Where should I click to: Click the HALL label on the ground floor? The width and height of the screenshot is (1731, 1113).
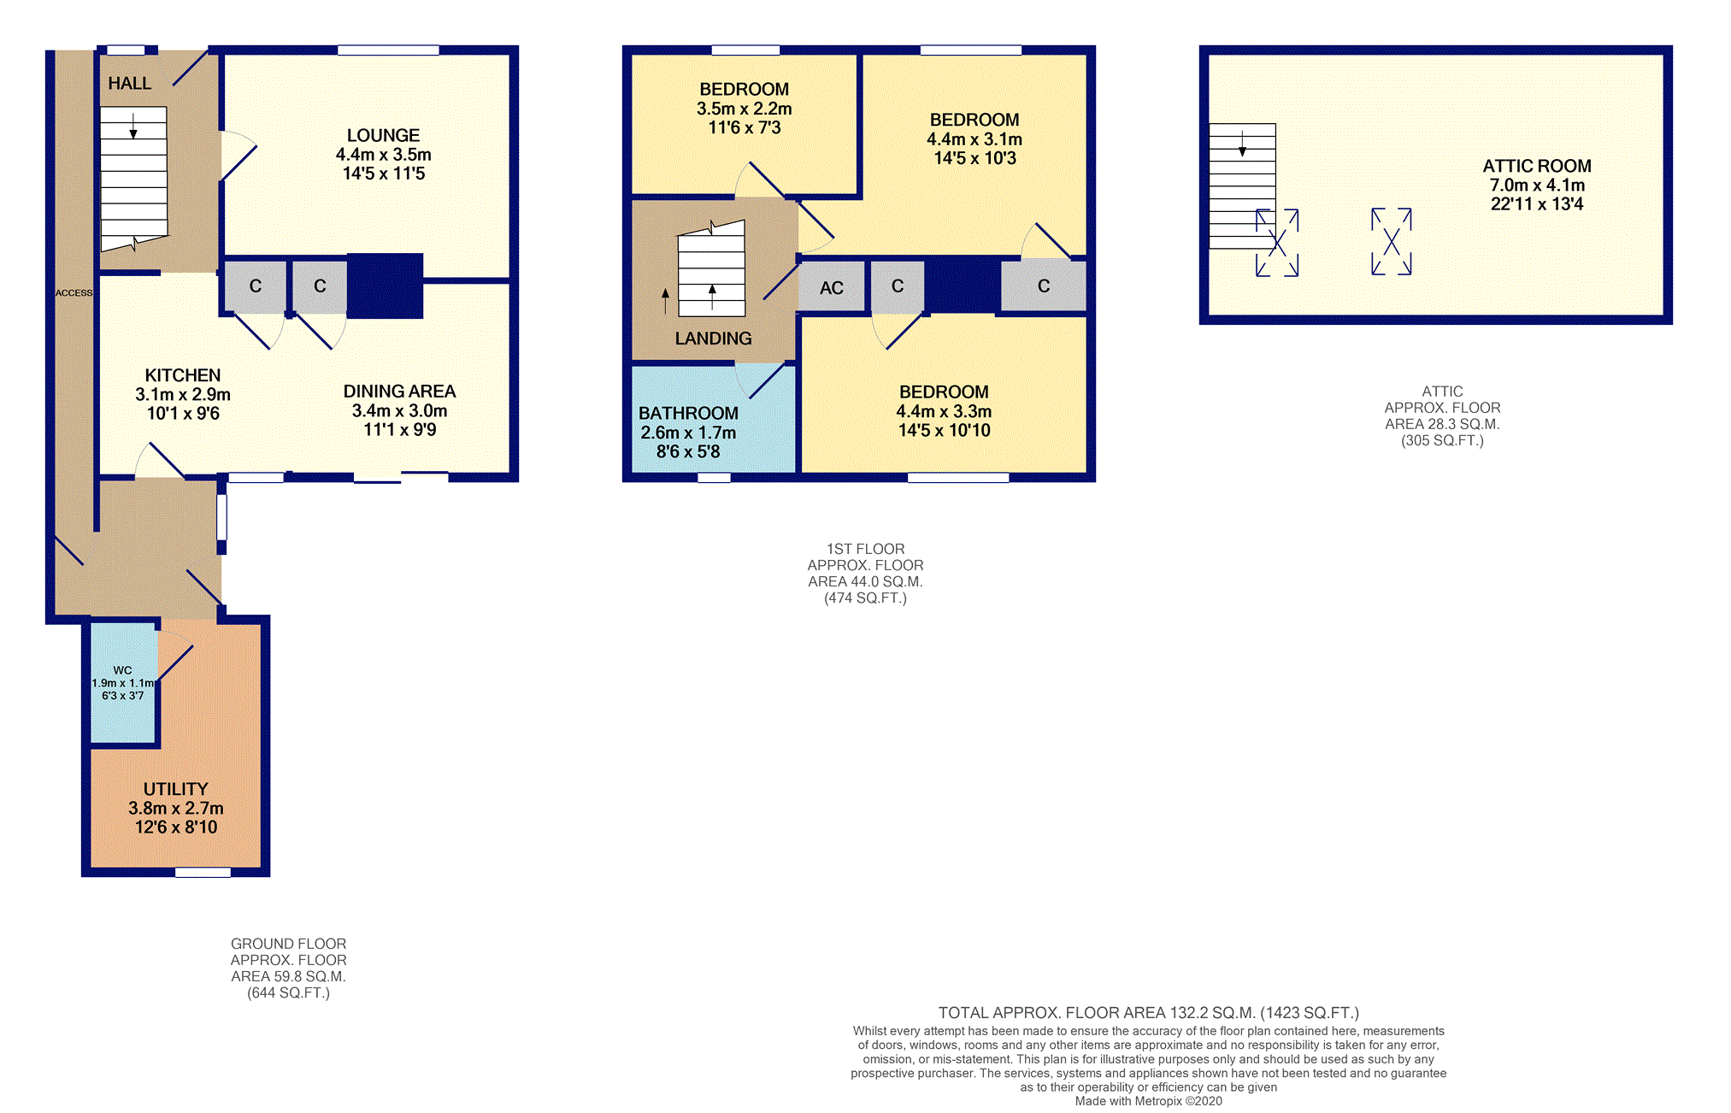pyautogui.click(x=129, y=84)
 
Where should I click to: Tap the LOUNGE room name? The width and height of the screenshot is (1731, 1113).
pyautogui.click(x=383, y=135)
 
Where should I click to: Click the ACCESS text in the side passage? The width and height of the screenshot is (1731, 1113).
pyautogui.click(x=74, y=292)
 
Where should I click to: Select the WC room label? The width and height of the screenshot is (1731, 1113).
pyautogui.click(x=123, y=670)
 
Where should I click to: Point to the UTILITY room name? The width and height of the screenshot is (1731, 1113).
pyautogui.click(x=175, y=789)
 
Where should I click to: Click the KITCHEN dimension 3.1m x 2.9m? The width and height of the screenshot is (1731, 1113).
pyautogui.click(x=183, y=394)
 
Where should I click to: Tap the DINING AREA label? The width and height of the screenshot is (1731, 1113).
pyautogui.click(x=399, y=392)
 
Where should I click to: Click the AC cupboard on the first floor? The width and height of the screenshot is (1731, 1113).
pyautogui.click(x=831, y=288)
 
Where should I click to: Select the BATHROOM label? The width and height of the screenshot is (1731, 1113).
pyautogui.click(x=688, y=413)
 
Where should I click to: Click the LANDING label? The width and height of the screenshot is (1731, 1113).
pyautogui.click(x=713, y=339)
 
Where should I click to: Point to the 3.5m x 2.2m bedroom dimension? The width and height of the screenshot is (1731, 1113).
pyautogui.click(x=744, y=109)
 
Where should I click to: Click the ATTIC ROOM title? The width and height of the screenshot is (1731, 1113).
pyautogui.click(x=1536, y=166)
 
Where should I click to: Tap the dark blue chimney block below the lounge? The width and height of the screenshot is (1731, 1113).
pyautogui.click(x=385, y=286)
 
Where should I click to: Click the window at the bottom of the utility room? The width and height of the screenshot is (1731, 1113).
pyautogui.click(x=203, y=873)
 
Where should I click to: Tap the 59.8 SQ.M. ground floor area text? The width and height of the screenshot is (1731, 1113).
pyautogui.click(x=288, y=976)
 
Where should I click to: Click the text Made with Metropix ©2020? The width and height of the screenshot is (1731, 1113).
pyautogui.click(x=1148, y=1101)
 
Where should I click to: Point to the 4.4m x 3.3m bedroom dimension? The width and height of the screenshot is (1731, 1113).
pyautogui.click(x=944, y=411)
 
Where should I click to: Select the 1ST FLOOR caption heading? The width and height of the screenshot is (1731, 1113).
pyautogui.click(x=865, y=549)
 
